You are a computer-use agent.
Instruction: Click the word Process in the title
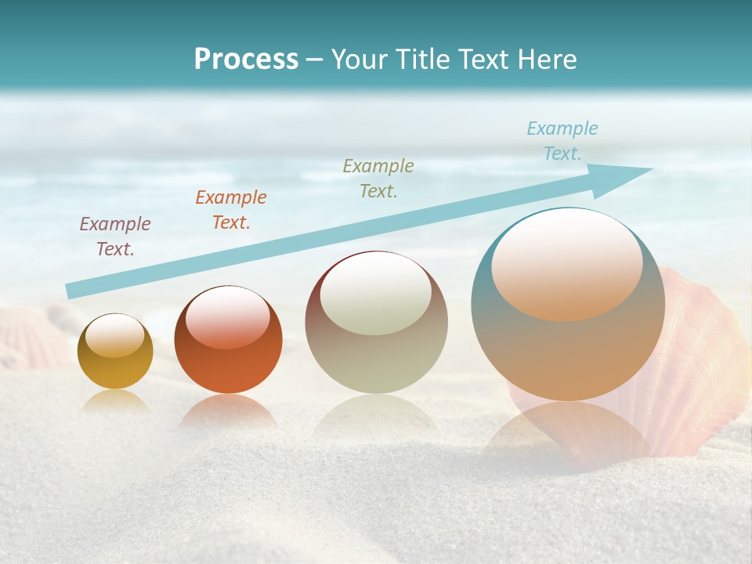[x=246, y=60]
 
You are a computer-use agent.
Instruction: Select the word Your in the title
[x=356, y=60]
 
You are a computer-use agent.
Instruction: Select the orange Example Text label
[x=230, y=210]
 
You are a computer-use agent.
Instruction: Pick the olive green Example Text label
[x=378, y=179]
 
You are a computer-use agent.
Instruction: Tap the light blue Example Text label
[x=562, y=141]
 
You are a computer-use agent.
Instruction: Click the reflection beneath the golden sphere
[x=115, y=401]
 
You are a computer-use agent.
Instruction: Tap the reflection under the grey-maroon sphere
[x=376, y=415]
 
